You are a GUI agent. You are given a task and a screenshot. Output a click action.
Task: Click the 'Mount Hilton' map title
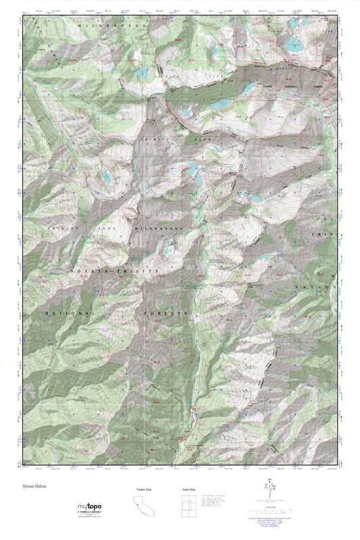pyautogui.click(x=33, y=486)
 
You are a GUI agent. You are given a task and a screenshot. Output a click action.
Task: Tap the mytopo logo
pyautogui.click(x=84, y=507)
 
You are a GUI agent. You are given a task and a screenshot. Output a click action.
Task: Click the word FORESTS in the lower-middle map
pyautogui.click(x=165, y=315)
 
